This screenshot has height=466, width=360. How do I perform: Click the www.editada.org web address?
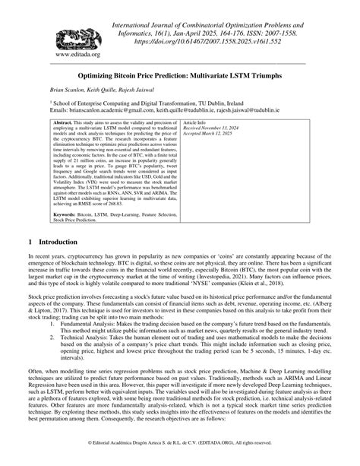pos(67,55)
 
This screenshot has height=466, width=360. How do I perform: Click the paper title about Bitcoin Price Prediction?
pos(180,77)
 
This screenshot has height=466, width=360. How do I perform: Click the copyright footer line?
pos(179,442)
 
